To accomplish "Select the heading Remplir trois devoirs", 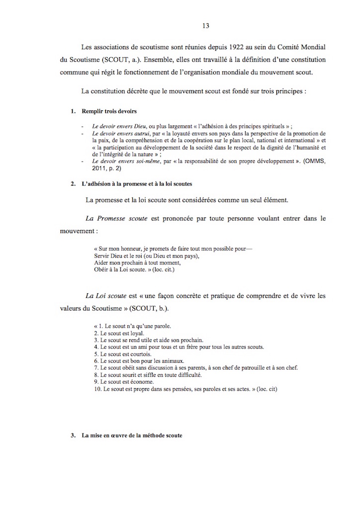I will pyautogui.click(x=109, y=111).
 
